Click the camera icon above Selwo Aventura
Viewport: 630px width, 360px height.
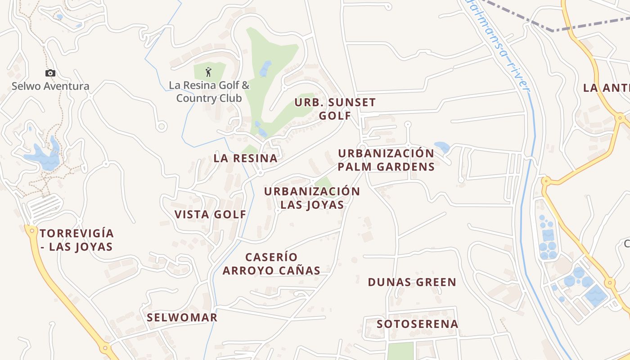click(50, 73)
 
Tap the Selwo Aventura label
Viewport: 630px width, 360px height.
click(50, 86)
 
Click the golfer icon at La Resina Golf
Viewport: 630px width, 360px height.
click(208, 72)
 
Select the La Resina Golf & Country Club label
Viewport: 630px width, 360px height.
click(209, 91)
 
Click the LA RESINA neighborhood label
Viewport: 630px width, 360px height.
click(245, 158)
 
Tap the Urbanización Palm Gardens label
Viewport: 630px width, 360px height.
click(386, 160)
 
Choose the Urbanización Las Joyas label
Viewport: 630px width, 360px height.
click(312, 198)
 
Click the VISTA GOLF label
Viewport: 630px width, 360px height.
click(210, 214)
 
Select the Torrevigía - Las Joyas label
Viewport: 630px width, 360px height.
click(76, 240)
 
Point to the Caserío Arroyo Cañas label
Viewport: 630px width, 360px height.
click(271, 264)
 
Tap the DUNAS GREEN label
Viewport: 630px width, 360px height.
click(412, 282)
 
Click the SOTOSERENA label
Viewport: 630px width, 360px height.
click(417, 324)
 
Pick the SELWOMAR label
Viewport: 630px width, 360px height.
click(182, 317)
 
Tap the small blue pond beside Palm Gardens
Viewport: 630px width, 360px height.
click(442, 147)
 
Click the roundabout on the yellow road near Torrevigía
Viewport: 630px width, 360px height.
click(31, 230)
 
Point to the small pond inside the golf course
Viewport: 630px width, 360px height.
click(265, 68)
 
